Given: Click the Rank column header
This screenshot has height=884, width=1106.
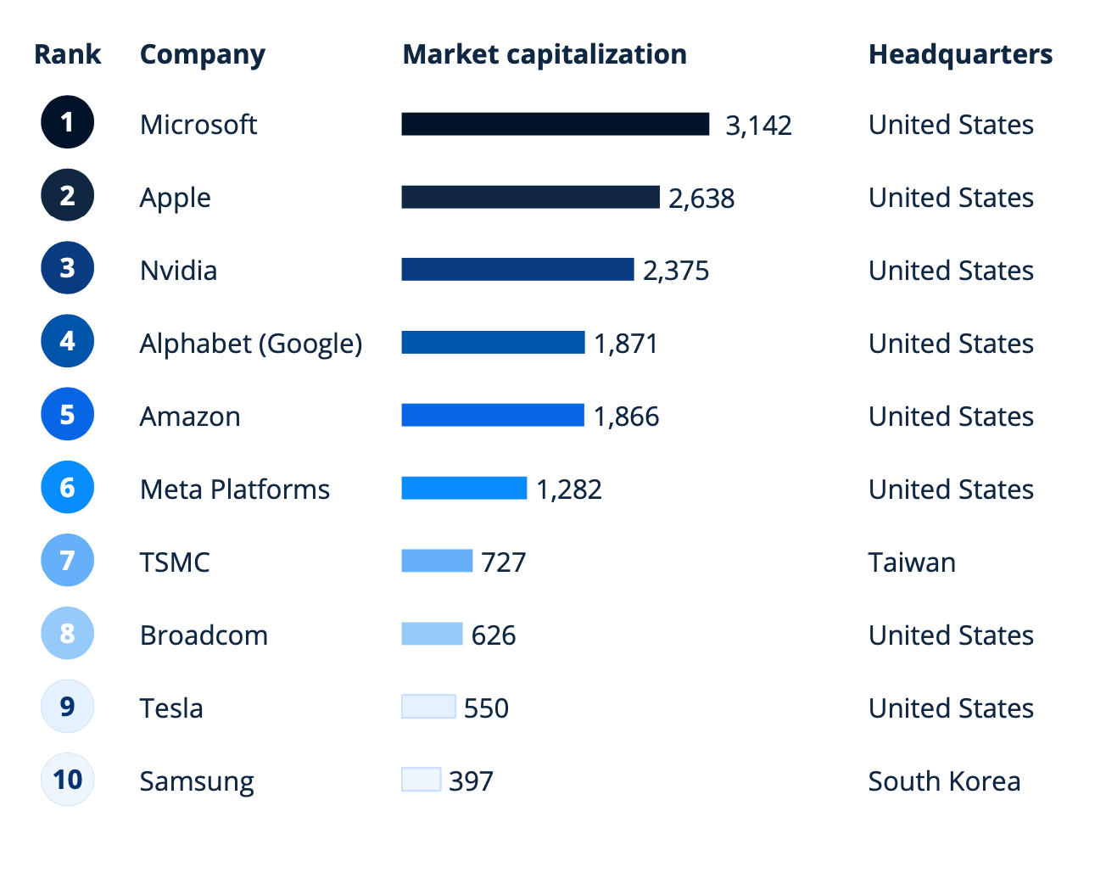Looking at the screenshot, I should coord(67,54).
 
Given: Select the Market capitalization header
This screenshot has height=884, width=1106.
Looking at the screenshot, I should coord(545,54).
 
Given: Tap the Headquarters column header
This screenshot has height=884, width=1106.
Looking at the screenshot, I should coord(960,54).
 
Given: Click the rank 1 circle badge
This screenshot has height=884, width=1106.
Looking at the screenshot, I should coord(67,122).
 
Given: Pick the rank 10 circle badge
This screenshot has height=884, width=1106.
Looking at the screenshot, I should coord(67,779).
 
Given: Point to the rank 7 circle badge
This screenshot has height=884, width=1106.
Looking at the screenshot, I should coord(67,560).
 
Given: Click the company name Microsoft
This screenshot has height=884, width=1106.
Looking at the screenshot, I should coord(198,125).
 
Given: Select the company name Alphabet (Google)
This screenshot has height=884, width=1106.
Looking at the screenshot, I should coord(251,344).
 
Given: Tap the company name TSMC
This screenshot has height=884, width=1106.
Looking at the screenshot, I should coord(175,562).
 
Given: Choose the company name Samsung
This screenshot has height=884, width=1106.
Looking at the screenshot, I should coord(197,781).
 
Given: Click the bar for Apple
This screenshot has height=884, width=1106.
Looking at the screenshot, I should coord(530,197).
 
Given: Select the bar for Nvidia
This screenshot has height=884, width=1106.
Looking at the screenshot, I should coord(517,270).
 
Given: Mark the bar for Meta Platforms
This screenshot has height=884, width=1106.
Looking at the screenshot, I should coord(464,489).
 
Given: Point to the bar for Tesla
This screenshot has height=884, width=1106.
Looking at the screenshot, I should coord(428,707).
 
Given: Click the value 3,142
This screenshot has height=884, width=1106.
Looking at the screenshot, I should coord(758,126).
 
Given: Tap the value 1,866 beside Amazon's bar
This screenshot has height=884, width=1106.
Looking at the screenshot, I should coord(626,417).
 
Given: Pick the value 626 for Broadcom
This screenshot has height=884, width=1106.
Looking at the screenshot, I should coord(494,635).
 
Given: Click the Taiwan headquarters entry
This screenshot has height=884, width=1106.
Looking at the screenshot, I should coord(912,562).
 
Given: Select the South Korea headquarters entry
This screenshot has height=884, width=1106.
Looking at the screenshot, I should coord(944,781).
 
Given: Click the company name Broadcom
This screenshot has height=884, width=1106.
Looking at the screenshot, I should coord(204,635).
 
